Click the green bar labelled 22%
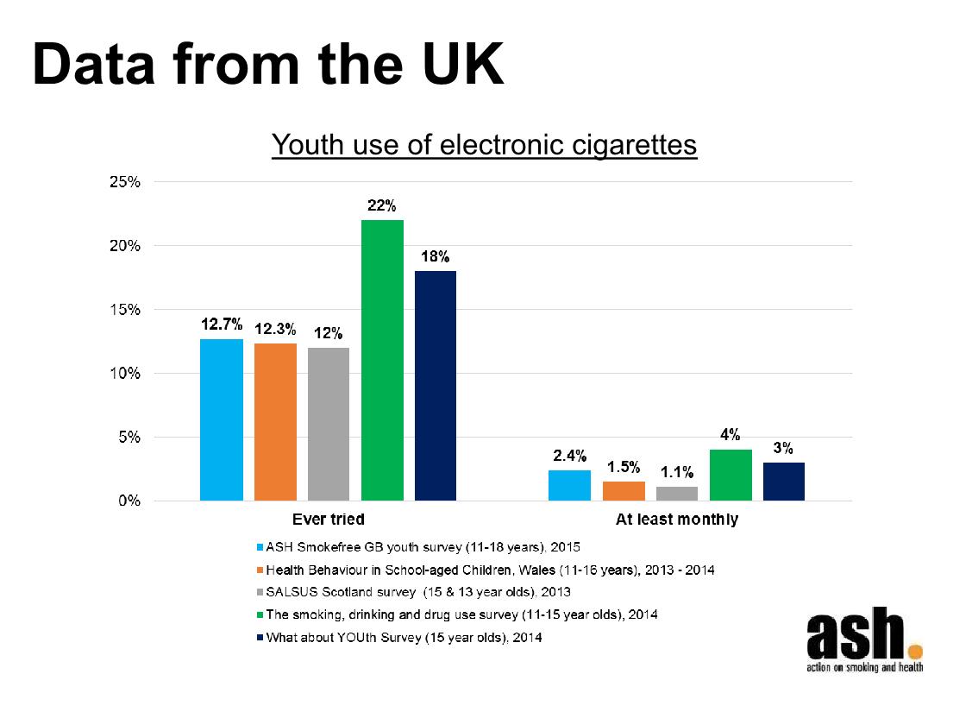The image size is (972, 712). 382,360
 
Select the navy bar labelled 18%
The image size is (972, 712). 436,386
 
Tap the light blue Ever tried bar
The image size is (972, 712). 222,419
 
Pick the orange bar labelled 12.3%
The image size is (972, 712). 275,422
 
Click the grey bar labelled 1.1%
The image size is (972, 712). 677,494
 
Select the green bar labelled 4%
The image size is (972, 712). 731,475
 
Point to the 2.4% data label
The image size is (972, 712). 569,456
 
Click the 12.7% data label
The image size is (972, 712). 222,324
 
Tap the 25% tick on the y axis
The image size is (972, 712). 125,182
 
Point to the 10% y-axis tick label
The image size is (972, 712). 125,374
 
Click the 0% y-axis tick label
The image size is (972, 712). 129,501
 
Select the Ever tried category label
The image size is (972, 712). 328,520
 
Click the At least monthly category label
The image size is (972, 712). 676,520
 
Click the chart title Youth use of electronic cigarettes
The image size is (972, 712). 484,145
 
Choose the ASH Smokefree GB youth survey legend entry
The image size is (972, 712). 423,547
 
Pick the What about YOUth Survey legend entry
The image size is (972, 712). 404,638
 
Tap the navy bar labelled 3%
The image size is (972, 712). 784,482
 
